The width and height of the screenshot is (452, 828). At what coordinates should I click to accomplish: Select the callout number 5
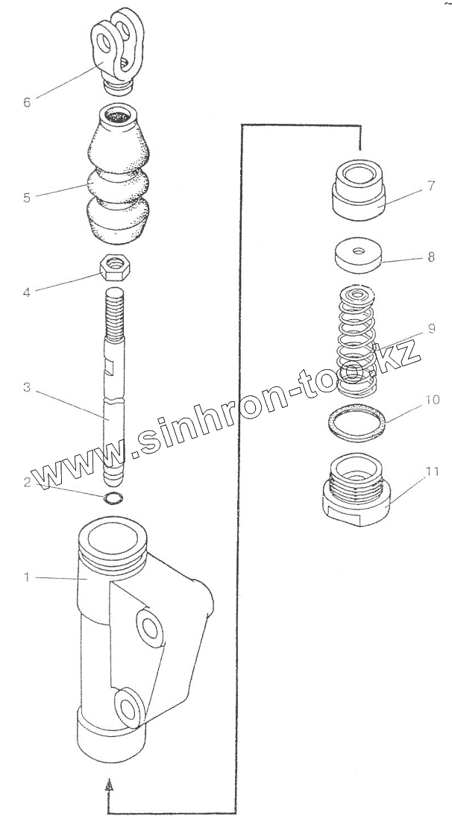point(27,198)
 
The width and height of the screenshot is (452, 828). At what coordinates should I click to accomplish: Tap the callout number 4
point(27,292)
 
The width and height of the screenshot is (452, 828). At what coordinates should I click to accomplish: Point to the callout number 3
point(27,387)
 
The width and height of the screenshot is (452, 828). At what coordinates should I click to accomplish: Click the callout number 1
point(27,577)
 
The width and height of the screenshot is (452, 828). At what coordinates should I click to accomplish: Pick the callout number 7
point(431,186)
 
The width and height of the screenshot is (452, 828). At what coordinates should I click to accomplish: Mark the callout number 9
point(431,328)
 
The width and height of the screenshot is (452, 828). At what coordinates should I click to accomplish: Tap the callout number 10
point(433,400)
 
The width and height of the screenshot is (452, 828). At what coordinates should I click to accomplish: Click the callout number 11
point(433,471)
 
